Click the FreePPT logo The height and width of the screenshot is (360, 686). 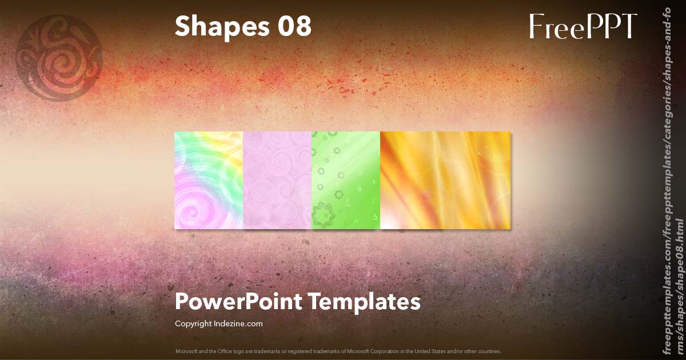pos(583,26)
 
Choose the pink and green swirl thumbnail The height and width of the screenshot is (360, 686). pos(209,180)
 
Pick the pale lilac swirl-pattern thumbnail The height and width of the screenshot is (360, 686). pos(277,180)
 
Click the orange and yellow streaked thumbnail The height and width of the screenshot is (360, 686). pos(445,180)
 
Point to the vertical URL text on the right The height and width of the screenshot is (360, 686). pos(672,180)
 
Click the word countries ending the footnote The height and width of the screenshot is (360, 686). pos(490,351)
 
